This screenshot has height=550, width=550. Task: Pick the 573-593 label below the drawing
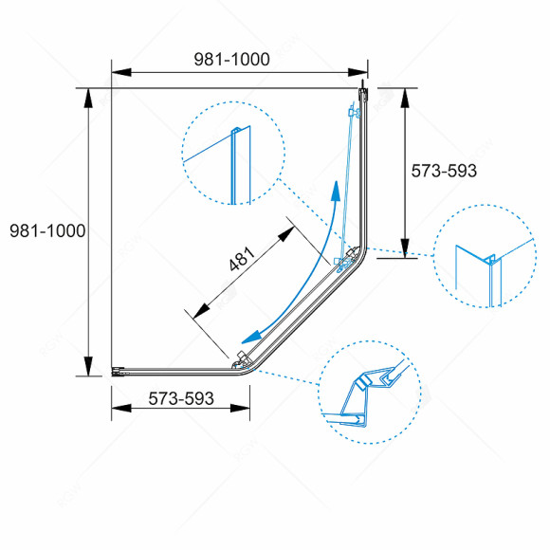pyautogui.click(x=180, y=399)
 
